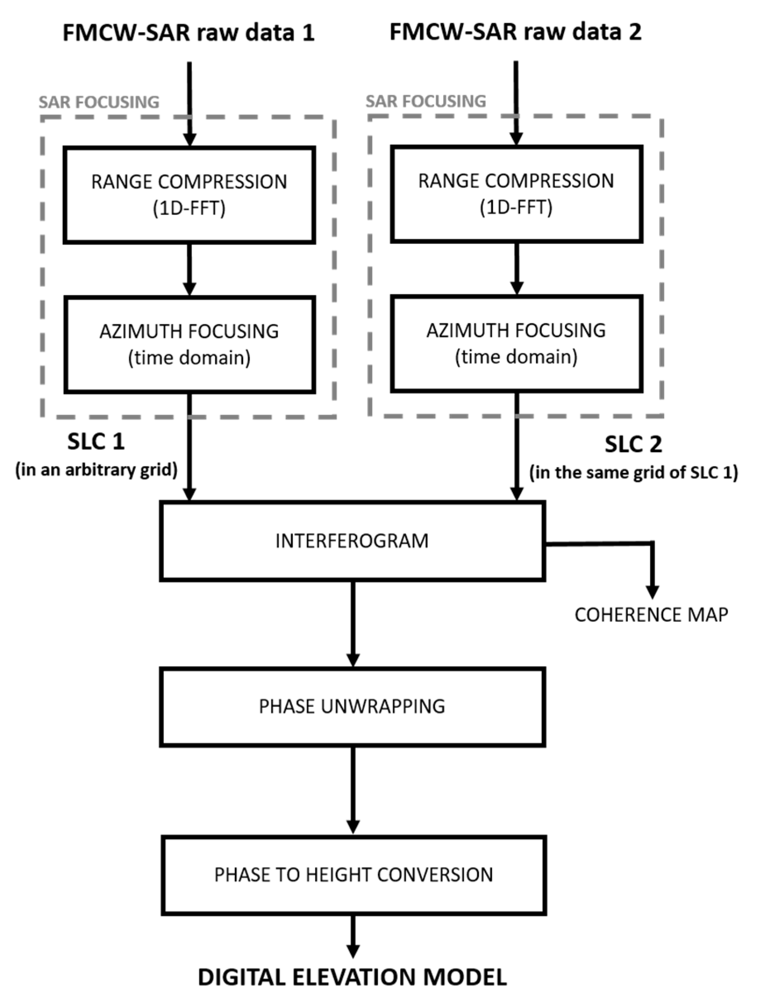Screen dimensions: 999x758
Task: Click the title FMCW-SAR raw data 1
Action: (x=189, y=33)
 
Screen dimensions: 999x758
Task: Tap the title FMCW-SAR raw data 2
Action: (x=515, y=32)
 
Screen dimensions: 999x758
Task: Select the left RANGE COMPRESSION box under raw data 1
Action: (x=189, y=195)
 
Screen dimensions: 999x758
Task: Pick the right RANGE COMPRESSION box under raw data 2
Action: (x=516, y=194)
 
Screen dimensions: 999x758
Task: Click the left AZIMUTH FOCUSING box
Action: (x=189, y=345)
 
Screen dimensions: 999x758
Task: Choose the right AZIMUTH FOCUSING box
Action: (x=516, y=344)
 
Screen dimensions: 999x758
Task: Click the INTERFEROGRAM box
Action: (x=352, y=541)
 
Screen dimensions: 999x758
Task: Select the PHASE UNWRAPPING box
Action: (x=352, y=707)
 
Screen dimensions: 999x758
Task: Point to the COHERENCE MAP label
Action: (x=651, y=615)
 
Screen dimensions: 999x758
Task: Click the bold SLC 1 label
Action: (x=96, y=442)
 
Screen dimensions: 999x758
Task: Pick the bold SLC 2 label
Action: (x=634, y=444)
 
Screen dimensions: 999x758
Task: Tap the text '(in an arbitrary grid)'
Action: (x=96, y=470)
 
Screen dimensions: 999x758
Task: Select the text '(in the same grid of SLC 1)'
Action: (x=634, y=473)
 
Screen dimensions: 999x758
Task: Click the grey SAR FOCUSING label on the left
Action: (x=99, y=103)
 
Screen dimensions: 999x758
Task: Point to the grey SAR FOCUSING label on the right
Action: (x=426, y=102)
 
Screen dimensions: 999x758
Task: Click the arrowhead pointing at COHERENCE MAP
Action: (x=652, y=591)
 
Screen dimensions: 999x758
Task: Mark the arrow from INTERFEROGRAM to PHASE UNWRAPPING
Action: (x=353, y=623)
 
